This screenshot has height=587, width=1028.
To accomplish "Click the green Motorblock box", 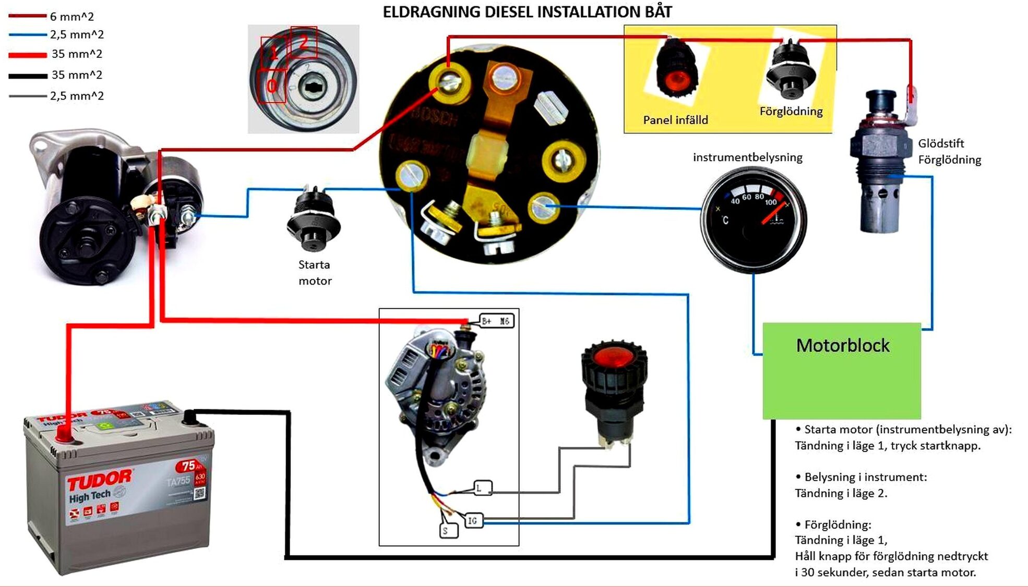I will coord(841,370).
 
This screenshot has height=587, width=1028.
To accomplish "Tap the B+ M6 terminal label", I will coord(496,321).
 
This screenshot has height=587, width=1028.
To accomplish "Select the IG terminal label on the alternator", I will coord(472,520).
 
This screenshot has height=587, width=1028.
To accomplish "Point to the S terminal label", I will coord(446,531).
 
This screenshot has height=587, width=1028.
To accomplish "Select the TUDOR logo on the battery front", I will coord(99,480).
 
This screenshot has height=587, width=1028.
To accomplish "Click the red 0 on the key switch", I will coord(271,85).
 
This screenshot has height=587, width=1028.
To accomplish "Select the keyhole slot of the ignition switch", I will coord(313,87).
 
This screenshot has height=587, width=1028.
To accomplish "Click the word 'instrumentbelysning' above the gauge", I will coord(747,157).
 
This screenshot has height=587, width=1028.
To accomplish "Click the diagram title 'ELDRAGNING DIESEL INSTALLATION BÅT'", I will coord(527,12).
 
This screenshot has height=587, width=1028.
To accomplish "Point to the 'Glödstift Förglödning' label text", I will coord(949,151).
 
